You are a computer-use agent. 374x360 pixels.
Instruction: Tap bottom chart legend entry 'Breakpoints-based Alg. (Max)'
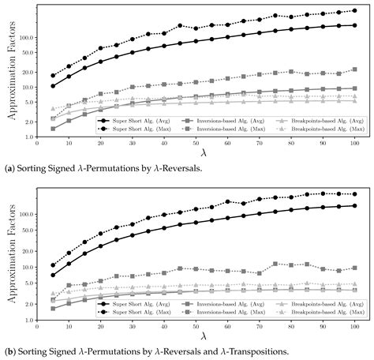pos(321,309)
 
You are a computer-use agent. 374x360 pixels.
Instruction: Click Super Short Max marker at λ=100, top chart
pos(354,10)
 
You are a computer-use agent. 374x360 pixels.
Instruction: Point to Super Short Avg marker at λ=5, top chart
pos(53,86)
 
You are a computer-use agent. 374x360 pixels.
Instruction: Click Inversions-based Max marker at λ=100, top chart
pos(354,69)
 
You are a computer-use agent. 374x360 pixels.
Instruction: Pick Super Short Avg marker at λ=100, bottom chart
pos(354,206)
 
